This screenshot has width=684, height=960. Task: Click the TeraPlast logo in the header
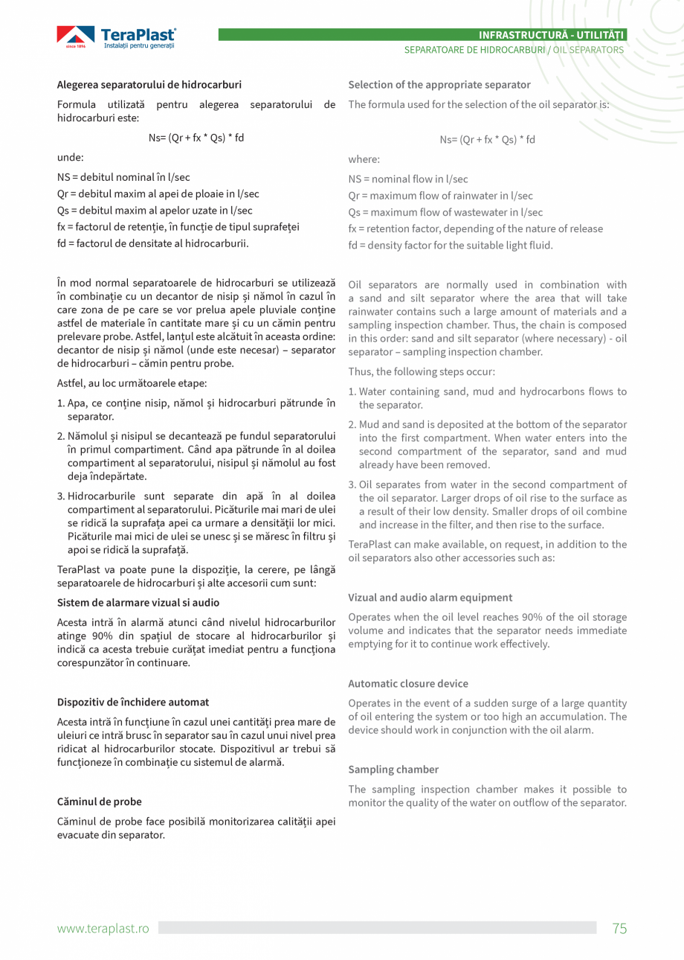click(117, 37)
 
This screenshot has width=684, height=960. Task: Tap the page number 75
click(619, 928)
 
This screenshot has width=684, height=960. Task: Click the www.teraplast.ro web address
click(103, 928)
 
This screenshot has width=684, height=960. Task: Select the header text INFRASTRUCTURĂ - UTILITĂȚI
click(552, 35)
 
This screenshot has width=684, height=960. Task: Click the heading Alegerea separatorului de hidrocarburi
click(149, 85)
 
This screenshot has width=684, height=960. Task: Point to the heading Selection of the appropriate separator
click(439, 85)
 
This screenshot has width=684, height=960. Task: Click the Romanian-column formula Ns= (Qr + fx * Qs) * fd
click(196, 138)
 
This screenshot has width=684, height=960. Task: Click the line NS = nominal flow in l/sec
click(408, 179)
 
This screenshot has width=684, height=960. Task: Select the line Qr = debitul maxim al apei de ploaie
click(158, 194)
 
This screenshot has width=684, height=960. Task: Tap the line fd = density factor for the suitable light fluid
click(451, 245)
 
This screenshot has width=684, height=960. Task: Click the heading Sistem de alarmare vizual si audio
click(138, 602)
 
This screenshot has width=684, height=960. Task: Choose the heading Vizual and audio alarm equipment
click(430, 597)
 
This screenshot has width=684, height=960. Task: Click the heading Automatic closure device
click(408, 683)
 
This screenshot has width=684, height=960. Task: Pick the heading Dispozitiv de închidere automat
click(133, 702)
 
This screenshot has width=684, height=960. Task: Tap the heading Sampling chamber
click(393, 769)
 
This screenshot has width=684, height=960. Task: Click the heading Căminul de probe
click(100, 801)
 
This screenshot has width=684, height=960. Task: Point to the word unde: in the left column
click(71, 158)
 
